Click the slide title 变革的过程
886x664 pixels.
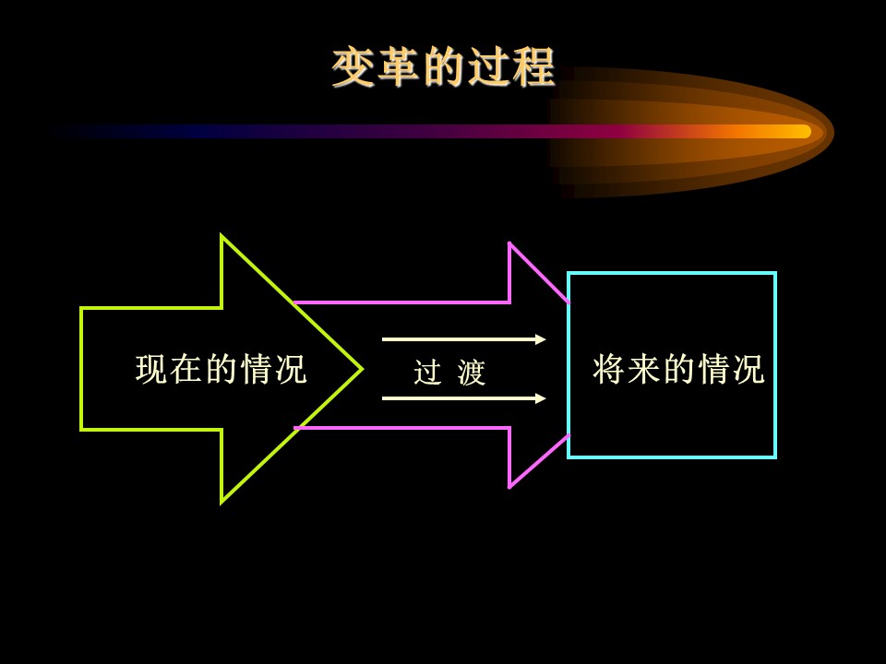(444, 67)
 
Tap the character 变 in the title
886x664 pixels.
(353, 67)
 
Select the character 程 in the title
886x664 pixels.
(534, 67)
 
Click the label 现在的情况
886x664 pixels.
(221, 369)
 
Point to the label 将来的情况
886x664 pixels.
(678, 369)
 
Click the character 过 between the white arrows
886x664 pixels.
(427, 372)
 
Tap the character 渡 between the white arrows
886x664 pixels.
(472, 372)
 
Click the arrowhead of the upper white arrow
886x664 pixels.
(540, 339)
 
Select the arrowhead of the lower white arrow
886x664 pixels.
(540, 398)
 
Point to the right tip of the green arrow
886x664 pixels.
(362, 369)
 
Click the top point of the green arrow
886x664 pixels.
(221, 236)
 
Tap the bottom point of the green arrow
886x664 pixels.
(221, 502)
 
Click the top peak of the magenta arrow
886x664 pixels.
(509, 243)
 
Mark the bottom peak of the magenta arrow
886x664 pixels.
(509, 487)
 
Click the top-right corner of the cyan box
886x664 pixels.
(776, 273)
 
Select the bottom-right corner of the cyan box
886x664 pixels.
(776, 456)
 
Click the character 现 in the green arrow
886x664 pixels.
(151, 369)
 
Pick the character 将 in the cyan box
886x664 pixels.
(608, 369)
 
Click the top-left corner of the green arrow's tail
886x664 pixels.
(82, 309)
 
